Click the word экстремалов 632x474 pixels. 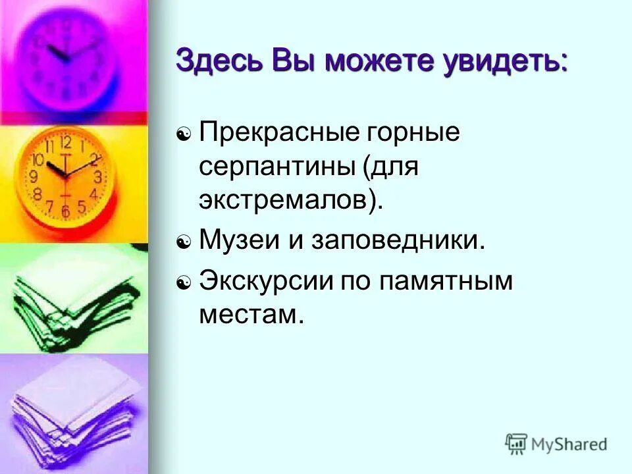286,199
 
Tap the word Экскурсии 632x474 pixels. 266,282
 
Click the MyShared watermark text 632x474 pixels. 569,444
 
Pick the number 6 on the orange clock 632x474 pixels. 65,211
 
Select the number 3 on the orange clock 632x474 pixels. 97,176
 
